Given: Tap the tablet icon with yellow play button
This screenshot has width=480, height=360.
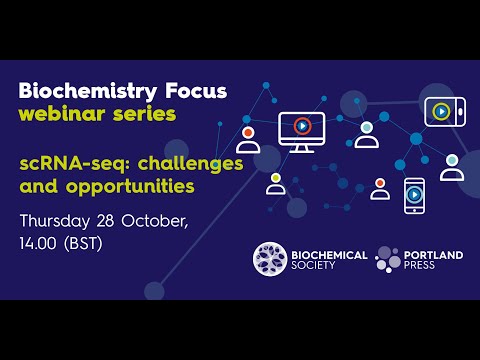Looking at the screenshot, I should tap(440, 110).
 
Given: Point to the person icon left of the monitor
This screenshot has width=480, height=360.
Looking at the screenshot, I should tap(248, 139).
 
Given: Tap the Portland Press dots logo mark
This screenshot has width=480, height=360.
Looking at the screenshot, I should tap(390, 260).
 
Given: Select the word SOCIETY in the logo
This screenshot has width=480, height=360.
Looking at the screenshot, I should tap(321, 267).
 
